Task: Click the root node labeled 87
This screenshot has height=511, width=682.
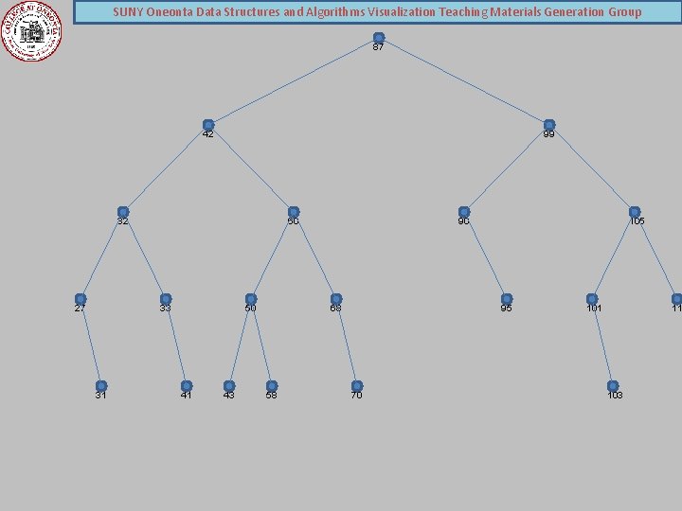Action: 379,38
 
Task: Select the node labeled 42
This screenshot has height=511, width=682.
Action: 208,125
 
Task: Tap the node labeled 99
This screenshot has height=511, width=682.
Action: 549,125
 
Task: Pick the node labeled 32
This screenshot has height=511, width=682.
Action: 123,212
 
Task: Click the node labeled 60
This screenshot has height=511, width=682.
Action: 294,212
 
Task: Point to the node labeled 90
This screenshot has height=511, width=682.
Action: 464,212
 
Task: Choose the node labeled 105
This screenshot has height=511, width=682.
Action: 635,212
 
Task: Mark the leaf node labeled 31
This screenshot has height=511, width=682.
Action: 101,386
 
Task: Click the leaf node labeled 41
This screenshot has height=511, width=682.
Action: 187,386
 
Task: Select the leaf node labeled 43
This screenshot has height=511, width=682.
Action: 229,386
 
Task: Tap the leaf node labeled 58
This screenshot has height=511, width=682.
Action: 272,386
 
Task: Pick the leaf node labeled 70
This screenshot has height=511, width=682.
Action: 357,386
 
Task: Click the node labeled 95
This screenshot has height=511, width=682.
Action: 507,299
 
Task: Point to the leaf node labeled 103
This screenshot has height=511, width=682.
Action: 613,386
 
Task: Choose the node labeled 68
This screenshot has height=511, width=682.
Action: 336,299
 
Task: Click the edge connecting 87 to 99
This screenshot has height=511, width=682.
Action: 464,81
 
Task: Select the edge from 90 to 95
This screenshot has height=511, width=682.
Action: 485,255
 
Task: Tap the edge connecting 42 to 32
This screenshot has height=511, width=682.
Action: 166,168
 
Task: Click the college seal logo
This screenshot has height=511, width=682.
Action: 31,30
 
